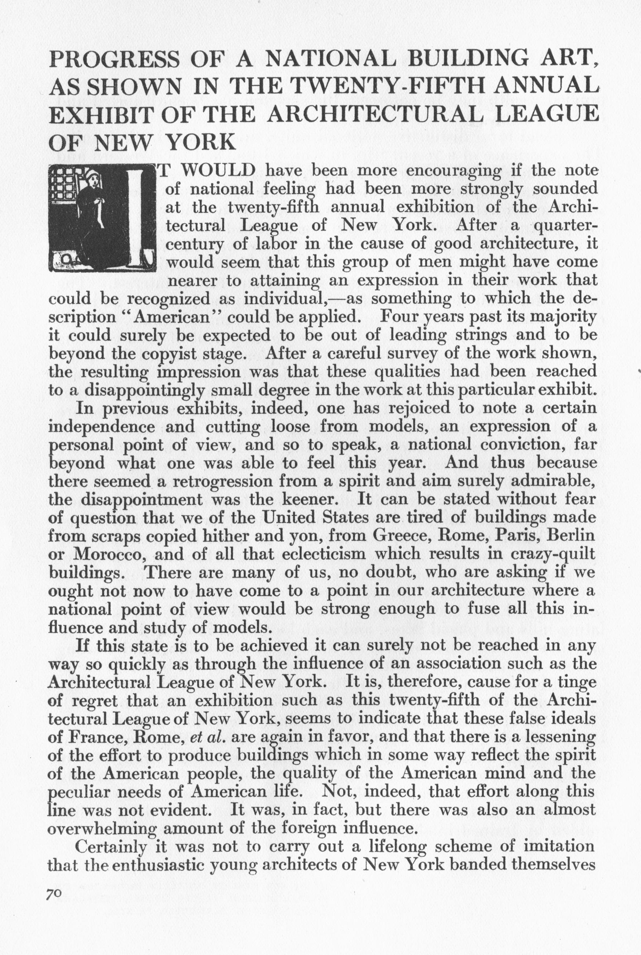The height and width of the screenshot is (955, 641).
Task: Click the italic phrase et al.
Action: [x=208, y=737]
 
